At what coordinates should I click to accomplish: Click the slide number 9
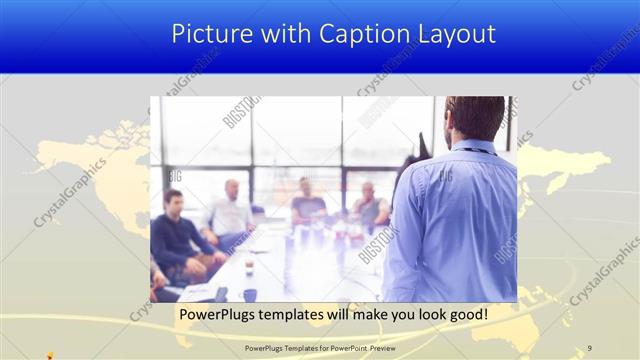click(589, 347)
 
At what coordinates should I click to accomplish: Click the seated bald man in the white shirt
click(230, 210)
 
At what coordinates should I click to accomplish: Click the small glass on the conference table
click(249, 266)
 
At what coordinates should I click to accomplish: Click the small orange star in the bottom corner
click(51, 353)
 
